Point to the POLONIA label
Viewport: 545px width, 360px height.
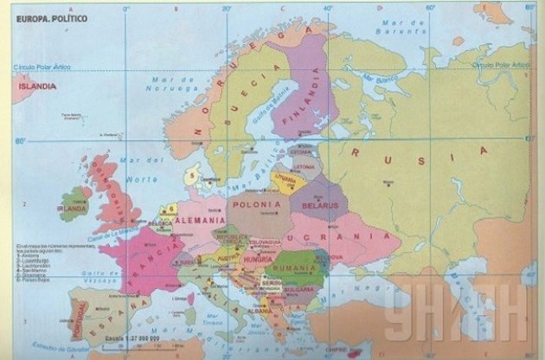(x=256, y=203)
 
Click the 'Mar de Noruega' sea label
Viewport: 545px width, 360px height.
(x=170, y=85)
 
